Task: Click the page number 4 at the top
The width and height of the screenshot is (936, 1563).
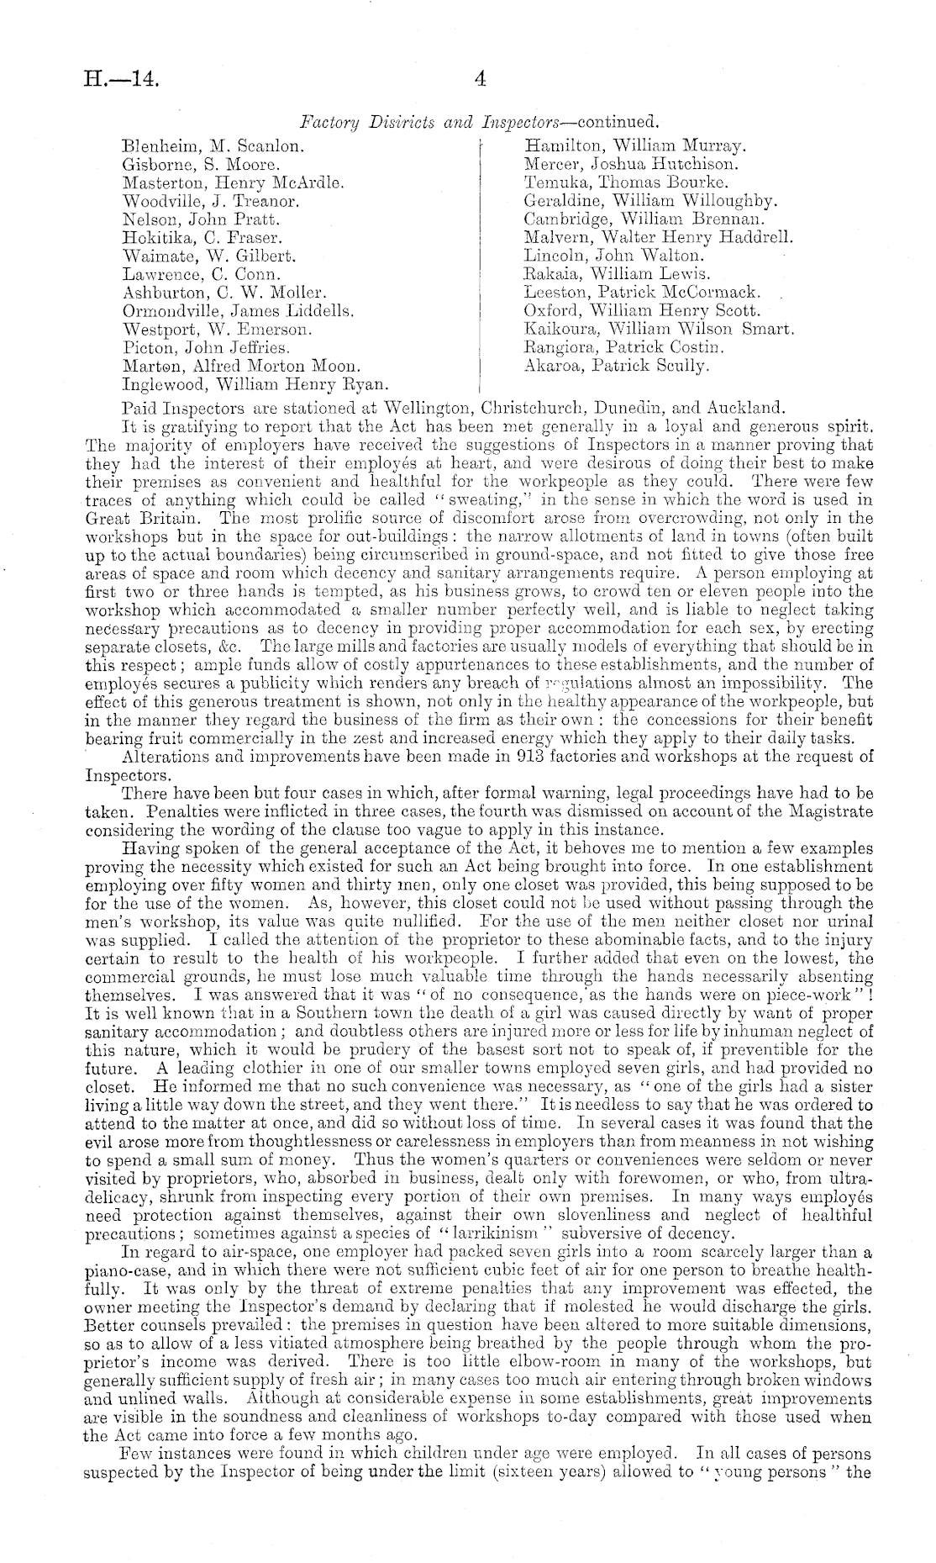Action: tap(480, 80)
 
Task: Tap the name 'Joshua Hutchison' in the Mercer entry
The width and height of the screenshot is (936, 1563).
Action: tap(670, 163)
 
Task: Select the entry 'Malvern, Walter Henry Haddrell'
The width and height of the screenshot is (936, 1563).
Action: tap(658, 237)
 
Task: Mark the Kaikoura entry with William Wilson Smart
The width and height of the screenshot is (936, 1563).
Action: tap(659, 329)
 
